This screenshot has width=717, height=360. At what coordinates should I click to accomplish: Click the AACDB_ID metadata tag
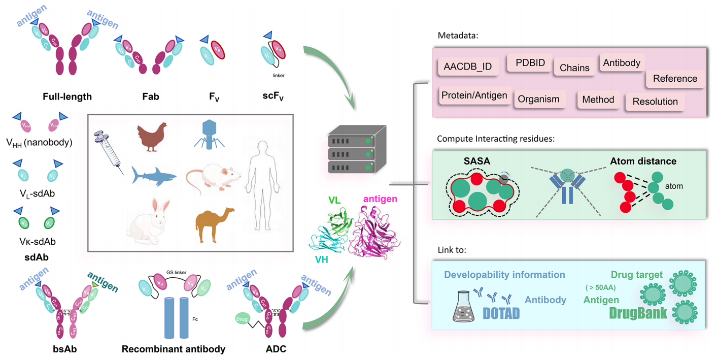pos(467,67)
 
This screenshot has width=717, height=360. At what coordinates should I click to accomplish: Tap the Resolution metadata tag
pos(655,102)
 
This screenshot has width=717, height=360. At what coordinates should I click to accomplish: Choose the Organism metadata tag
pos(538,99)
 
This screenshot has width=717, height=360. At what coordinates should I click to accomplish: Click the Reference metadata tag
pos(674,79)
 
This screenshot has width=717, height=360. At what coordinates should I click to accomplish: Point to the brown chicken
pos(152,136)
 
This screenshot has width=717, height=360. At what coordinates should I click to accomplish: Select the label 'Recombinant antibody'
pos(173,349)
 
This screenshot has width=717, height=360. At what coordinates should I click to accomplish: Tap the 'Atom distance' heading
pos(643,161)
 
